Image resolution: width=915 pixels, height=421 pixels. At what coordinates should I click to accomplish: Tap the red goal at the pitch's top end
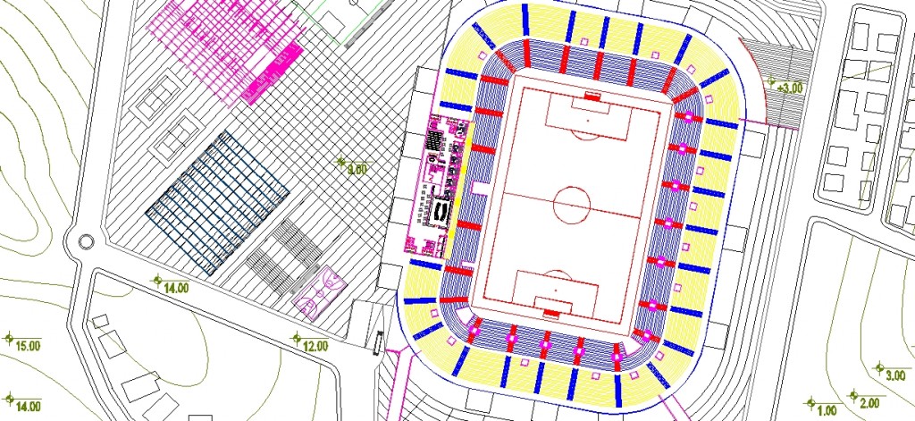591,95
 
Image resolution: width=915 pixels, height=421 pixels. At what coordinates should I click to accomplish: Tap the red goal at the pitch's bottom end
552,313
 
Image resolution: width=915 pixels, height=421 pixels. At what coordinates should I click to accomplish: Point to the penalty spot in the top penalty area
588,118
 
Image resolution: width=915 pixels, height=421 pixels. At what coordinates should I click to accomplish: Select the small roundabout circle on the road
85,241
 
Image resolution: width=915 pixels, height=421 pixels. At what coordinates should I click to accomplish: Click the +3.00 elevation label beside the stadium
790,88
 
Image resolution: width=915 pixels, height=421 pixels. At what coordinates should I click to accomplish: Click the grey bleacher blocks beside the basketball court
284,256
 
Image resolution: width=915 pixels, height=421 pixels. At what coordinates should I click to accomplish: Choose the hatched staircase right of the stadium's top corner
782,67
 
